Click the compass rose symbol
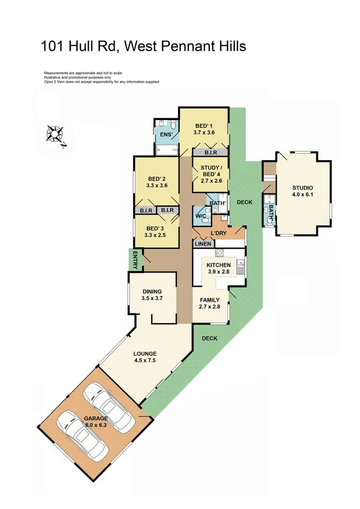(x=55, y=134)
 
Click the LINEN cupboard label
(x=202, y=244)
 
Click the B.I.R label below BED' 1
(x=211, y=153)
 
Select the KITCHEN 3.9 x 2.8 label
(x=218, y=265)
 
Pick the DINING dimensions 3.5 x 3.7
(x=152, y=298)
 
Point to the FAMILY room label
(x=210, y=300)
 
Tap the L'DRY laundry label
(x=218, y=234)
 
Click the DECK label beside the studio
(x=244, y=202)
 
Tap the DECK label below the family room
(x=209, y=338)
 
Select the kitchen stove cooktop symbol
(x=220, y=253)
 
